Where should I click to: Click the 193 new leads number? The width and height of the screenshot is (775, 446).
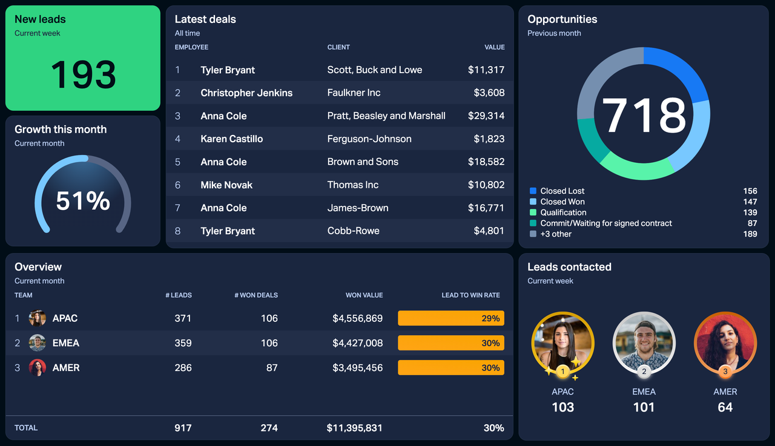[x=83, y=75]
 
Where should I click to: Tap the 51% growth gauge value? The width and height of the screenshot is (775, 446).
[x=83, y=201]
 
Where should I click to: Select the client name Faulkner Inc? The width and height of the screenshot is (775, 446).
[x=354, y=93]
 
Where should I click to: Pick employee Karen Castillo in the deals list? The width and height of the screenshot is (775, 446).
[x=231, y=139]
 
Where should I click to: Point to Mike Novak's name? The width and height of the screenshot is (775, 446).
[x=226, y=185]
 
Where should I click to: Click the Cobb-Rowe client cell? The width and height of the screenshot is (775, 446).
[x=353, y=231]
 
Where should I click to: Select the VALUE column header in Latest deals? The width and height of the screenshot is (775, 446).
[x=494, y=47]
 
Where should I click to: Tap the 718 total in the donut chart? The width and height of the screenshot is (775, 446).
[x=644, y=114]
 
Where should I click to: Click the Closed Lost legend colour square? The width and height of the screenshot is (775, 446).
[x=533, y=191]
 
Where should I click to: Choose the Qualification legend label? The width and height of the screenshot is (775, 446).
[x=563, y=212]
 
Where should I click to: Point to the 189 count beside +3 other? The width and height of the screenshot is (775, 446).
[x=750, y=234]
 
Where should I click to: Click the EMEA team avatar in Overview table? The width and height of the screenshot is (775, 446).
[x=38, y=343]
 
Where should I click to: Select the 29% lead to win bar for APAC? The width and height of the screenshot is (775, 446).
[x=450, y=318]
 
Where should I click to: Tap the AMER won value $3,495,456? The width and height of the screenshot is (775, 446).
[x=357, y=367]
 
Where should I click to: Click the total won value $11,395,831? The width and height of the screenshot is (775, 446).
[x=354, y=428]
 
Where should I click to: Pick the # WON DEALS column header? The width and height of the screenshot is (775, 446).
[x=256, y=295]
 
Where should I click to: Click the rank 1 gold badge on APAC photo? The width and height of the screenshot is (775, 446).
[x=562, y=372]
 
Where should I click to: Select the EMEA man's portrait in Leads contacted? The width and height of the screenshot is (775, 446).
[x=644, y=343]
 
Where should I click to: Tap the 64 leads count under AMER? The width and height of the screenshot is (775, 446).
[x=725, y=407]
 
